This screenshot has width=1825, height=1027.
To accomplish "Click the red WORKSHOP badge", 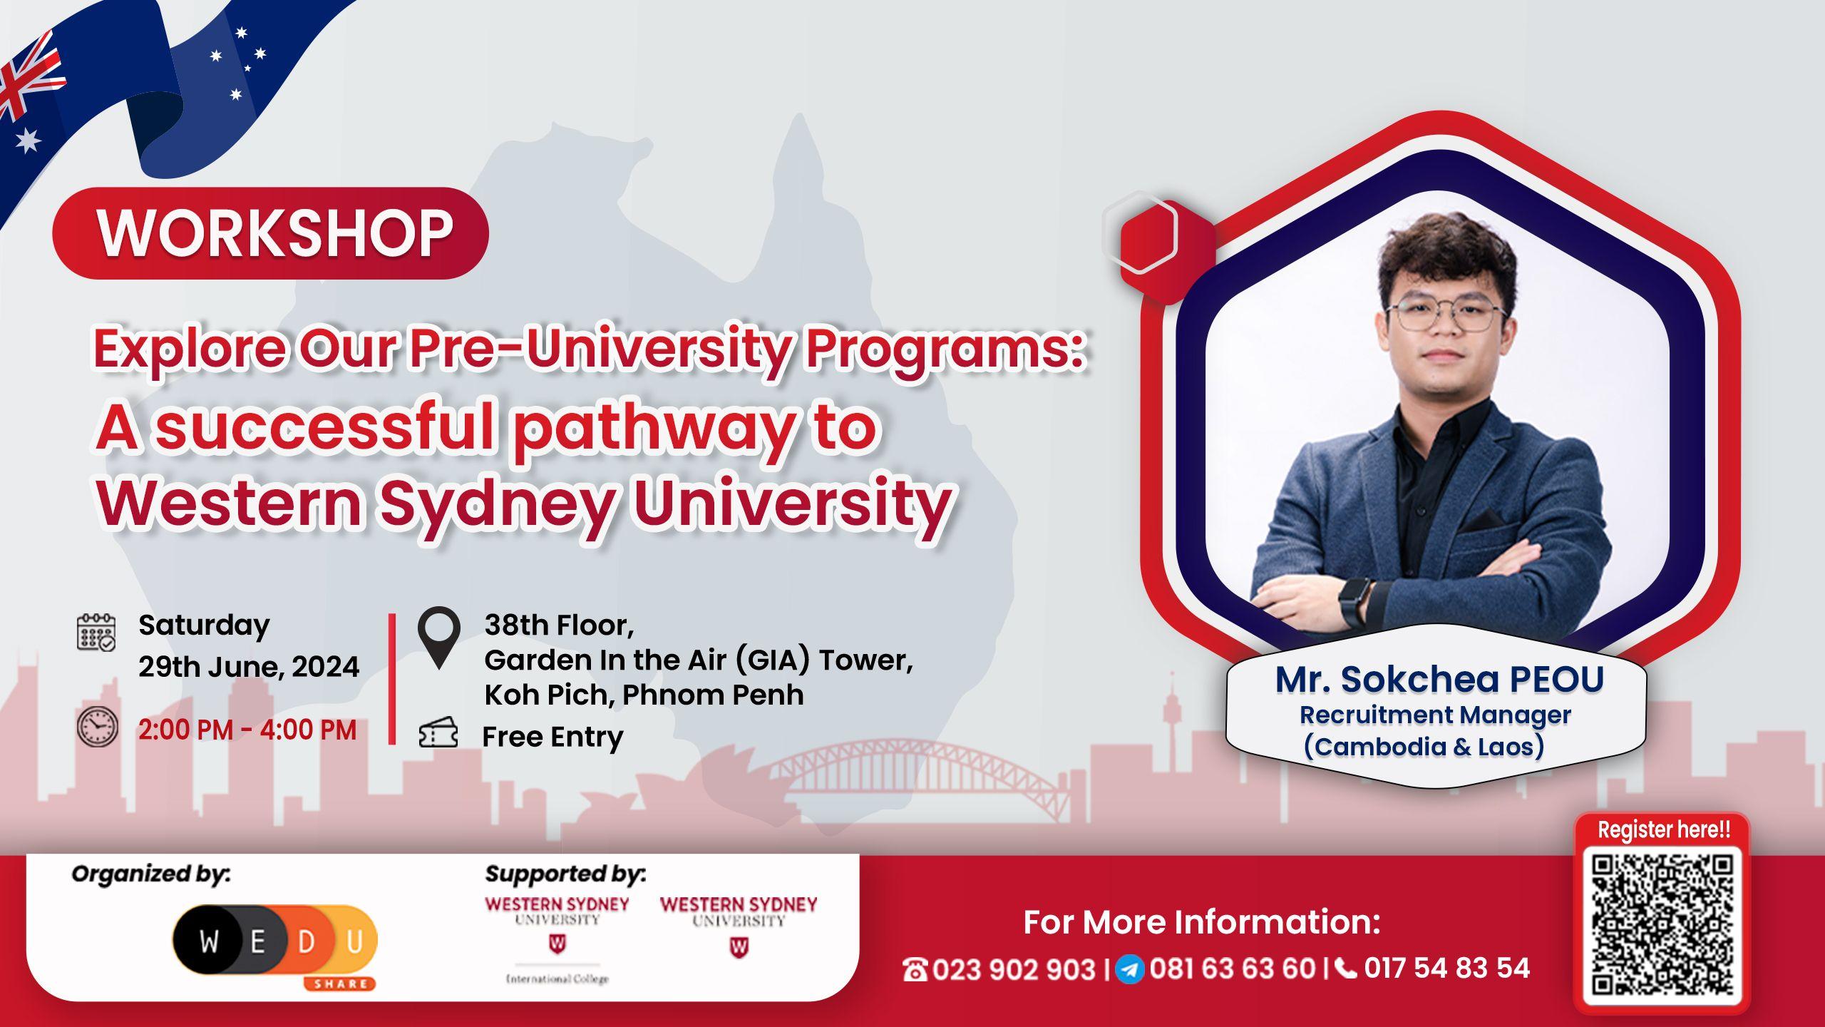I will point(271,233).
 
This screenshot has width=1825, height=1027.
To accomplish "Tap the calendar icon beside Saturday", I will point(96,632).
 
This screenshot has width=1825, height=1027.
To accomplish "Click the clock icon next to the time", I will point(98,727).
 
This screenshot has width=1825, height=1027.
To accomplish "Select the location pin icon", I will point(438,638).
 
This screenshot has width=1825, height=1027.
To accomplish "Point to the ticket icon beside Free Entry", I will point(438,733).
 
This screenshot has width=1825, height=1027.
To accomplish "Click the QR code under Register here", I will point(1661,925).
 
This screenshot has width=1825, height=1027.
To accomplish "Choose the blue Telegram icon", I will point(1130,969).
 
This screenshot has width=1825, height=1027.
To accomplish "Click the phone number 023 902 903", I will point(1013,969).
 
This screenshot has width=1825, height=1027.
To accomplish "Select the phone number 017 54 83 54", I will point(1446,968).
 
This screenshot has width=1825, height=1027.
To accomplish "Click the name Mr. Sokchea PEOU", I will point(1439,680).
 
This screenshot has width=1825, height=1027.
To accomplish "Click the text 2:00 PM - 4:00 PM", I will point(247,730).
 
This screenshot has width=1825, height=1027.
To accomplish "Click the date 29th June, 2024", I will point(249,667).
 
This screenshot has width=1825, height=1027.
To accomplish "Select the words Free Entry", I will point(552,737).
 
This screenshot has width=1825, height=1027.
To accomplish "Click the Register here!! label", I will point(1663,829).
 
